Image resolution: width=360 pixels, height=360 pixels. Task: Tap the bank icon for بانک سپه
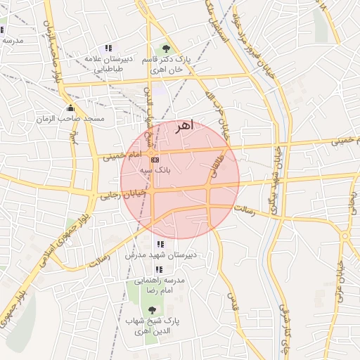pyautogui.click(x=155, y=160)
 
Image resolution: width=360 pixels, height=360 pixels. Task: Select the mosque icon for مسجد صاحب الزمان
pyautogui.click(x=70, y=108)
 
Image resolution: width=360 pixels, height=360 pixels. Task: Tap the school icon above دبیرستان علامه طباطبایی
pyautogui.click(x=108, y=48)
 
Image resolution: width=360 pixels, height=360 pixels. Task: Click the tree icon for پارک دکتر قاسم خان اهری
pyautogui.click(x=166, y=49)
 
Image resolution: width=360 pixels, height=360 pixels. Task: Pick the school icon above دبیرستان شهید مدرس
pyautogui.click(x=150, y=244)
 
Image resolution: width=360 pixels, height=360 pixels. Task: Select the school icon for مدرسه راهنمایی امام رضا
pyautogui.click(x=159, y=269)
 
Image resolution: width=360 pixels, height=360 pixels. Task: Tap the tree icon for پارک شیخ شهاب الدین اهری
pyautogui.click(x=152, y=310)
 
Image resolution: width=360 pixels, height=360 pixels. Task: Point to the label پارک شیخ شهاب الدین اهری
pyautogui.click(x=153, y=326)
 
